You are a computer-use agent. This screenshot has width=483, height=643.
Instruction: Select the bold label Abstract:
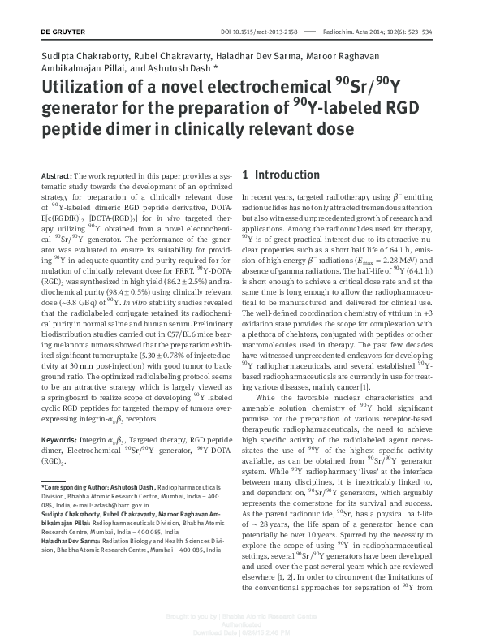coord(56,176)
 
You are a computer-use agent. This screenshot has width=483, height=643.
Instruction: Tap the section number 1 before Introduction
coord(257,175)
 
